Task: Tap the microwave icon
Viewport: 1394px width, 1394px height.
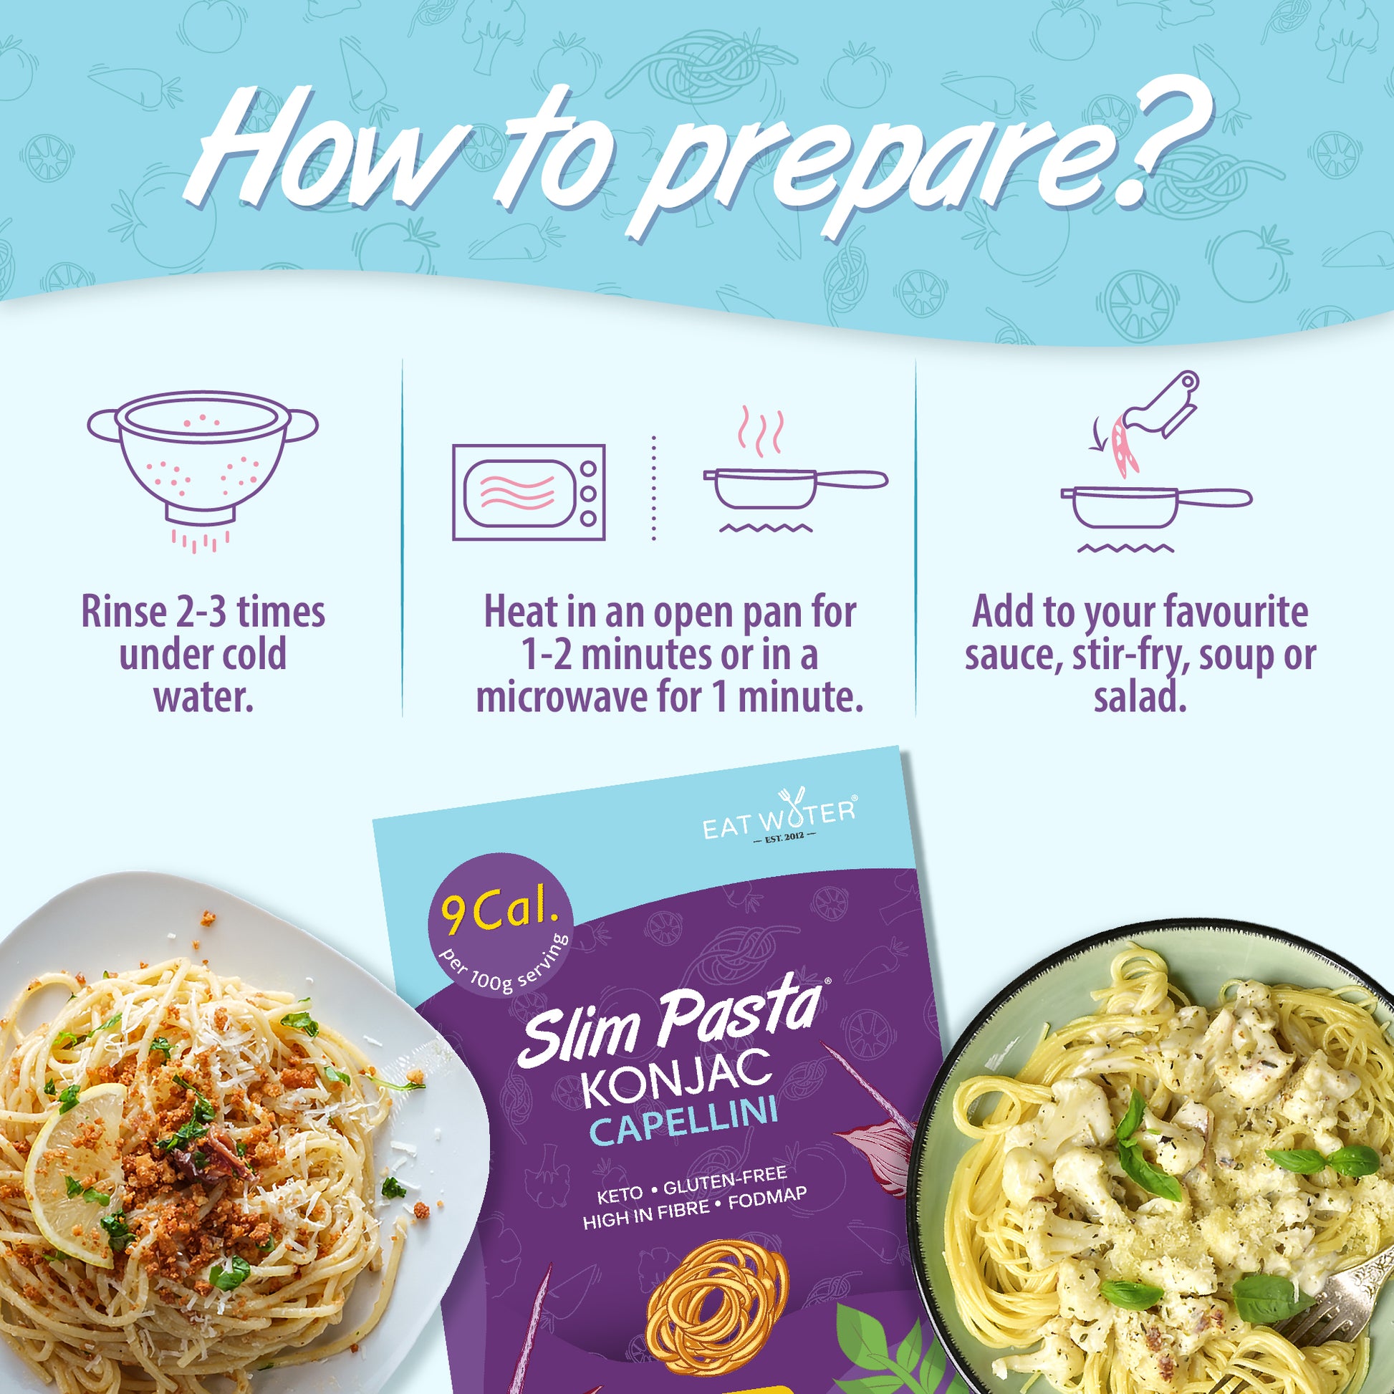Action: pyautogui.click(x=529, y=492)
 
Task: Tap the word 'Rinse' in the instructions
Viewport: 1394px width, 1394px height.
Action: pyautogui.click(x=123, y=612)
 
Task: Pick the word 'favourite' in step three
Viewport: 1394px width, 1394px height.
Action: pyautogui.click(x=1226, y=612)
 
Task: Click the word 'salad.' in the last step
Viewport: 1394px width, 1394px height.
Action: pyautogui.click(x=1140, y=697)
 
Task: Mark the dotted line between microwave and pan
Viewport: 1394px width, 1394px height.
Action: pyautogui.click(x=654, y=488)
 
